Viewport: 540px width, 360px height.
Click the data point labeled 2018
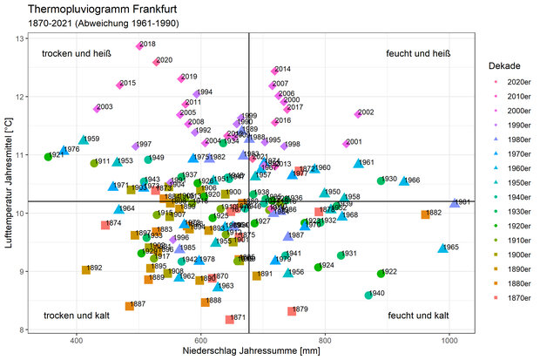pyautogui.click(x=138, y=45)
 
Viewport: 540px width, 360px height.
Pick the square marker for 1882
pyautogui.click(x=424, y=214)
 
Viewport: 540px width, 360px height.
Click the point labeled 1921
pyautogui.click(x=48, y=157)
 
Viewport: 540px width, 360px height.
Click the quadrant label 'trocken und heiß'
pyautogui.click(x=72, y=54)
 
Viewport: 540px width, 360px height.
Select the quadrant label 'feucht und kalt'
pyautogui.click(x=418, y=316)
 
